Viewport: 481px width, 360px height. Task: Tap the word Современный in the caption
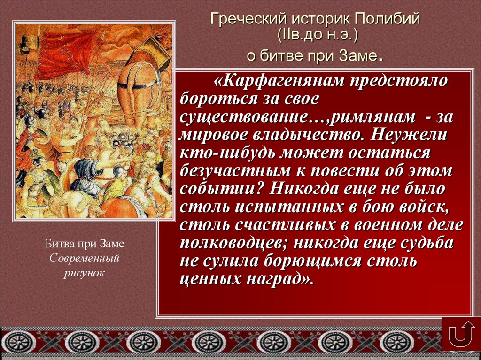85,258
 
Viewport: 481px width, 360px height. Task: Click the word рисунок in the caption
85,272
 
